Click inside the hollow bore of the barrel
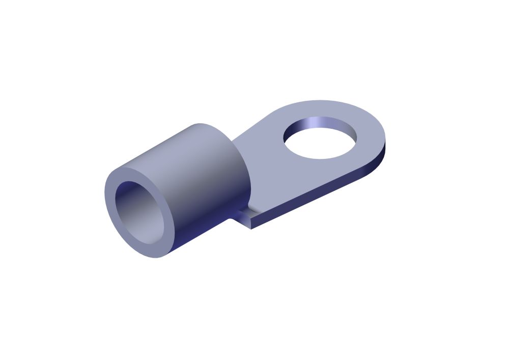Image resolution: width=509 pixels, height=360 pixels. pyautogui.click(x=139, y=209)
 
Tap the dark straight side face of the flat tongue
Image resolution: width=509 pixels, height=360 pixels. pyautogui.click(x=316, y=196)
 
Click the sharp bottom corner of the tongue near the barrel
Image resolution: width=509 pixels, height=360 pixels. pyautogui.click(x=251, y=228)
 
